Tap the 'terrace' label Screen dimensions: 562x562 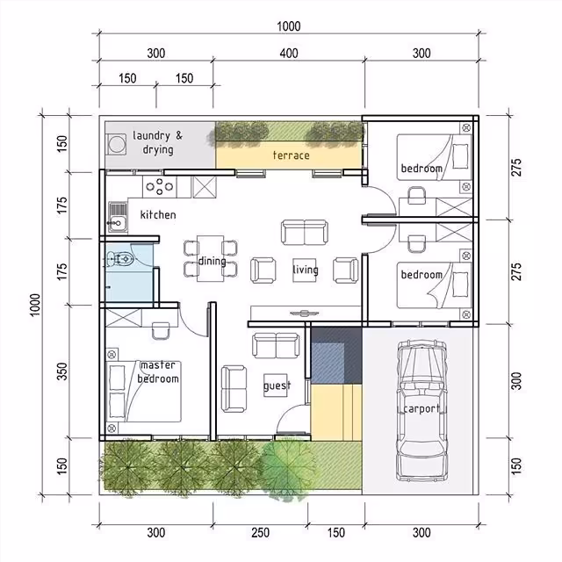tap(291, 155)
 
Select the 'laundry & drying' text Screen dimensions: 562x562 tap(158, 142)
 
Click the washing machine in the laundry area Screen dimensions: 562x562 tap(116, 142)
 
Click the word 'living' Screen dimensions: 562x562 tap(305, 270)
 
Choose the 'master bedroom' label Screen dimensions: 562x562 tap(158, 372)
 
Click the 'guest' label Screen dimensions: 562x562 tap(277, 385)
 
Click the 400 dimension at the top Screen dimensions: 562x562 tap(289, 54)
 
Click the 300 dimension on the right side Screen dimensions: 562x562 tap(517, 381)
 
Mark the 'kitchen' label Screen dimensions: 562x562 tap(158, 214)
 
